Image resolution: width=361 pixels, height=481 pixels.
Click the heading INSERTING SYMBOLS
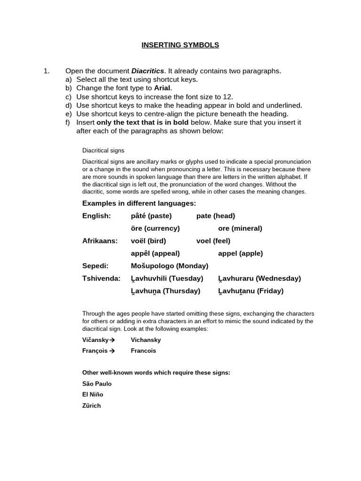[180, 45]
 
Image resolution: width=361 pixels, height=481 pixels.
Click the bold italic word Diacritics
[148, 71]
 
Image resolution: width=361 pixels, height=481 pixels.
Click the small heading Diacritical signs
[103, 150]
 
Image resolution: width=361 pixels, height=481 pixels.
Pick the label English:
[96, 216]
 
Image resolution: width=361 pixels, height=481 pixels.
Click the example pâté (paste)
[151, 216]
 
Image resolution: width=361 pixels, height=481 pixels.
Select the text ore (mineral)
[240, 228]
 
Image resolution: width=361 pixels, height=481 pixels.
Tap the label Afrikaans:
[100, 241]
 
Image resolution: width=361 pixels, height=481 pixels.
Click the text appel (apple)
[241, 253]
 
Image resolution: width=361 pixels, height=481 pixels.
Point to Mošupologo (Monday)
[170, 266]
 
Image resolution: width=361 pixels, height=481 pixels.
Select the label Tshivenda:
[101, 278]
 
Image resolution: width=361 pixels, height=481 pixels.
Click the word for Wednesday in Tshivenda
[259, 278]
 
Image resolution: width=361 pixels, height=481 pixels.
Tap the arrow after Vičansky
[112, 340]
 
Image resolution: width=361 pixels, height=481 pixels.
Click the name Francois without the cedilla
[143, 350]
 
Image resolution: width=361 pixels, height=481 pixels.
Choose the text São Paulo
[97, 384]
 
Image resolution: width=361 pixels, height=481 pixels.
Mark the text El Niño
[93, 395]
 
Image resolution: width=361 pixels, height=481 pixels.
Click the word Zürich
[92, 405]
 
